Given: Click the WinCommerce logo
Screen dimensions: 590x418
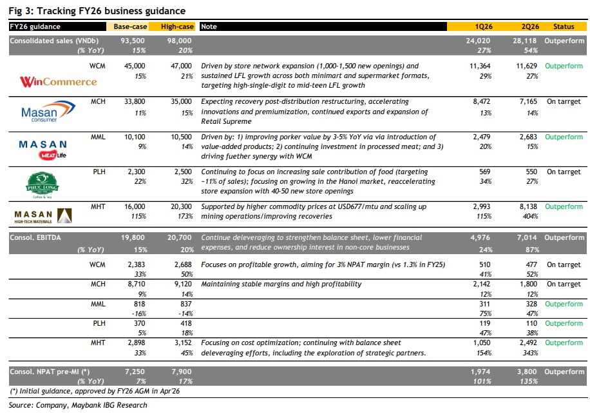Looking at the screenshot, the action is pyautogui.click(x=59, y=81).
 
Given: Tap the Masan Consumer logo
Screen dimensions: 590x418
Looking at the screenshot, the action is pyautogui.click(x=48, y=111).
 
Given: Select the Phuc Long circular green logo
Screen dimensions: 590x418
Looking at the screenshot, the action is pyautogui.click(x=42, y=185).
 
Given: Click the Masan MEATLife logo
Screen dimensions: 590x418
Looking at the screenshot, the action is pyautogui.click(x=43, y=149).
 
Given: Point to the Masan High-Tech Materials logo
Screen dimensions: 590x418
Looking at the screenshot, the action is pyautogui.click(x=43, y=216).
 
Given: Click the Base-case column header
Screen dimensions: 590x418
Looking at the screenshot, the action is pyautogui.click(x=130, y=26).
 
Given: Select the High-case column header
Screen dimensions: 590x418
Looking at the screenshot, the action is pyautogui.click(x=177, y=26).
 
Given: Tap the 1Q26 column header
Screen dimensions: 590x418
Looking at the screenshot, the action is pyautogui.click(x=484, y=26).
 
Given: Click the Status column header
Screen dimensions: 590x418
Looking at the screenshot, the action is pyautogui.click(x=564, y=26).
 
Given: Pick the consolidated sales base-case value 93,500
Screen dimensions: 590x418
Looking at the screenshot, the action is pyautogui.click(x=133, y=41).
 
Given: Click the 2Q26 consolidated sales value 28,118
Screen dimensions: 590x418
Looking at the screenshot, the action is pyautogui.click(x=525, y=41).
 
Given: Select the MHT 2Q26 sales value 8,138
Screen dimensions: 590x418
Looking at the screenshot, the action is pyautogui.click(x=528, y=206).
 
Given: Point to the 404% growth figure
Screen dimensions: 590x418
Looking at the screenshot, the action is pyautogui.click(x=530, y=216).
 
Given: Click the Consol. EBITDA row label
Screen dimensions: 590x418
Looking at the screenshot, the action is pyautogui.click(x=35, y=237).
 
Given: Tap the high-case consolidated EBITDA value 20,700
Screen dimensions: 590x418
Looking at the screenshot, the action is pyautogui.click(x=180, y=237).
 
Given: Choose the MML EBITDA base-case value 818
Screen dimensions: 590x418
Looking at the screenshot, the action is pyautogui.click(x=139, y=304).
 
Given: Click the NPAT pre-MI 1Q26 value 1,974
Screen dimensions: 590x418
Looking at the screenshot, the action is pyautogui.click(x=481, y=372).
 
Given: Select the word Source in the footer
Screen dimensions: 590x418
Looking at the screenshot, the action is pyautogui.click(x=20, y=405).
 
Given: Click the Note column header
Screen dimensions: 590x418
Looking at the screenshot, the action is pyautogui.click(x=209, y=26).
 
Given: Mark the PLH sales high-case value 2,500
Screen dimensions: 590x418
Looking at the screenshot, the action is pyautogui.click(x=183, y=172).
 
